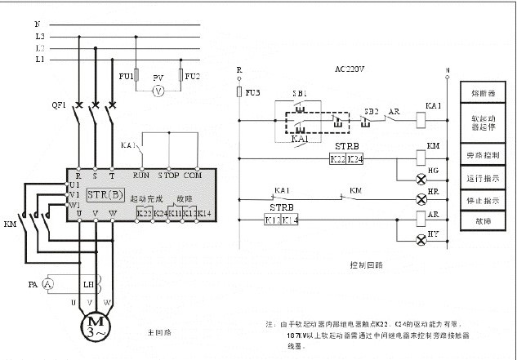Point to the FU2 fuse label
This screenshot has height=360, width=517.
[192, 77]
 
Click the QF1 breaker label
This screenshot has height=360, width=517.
[58, 105]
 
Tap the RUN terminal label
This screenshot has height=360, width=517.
[140, 175]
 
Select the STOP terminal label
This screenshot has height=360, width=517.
[168, 175]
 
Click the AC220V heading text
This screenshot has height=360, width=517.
[350, 69]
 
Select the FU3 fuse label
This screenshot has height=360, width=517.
[253, 92]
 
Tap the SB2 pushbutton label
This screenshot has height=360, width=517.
[372, 110]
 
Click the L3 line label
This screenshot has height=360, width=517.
[39, 37]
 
